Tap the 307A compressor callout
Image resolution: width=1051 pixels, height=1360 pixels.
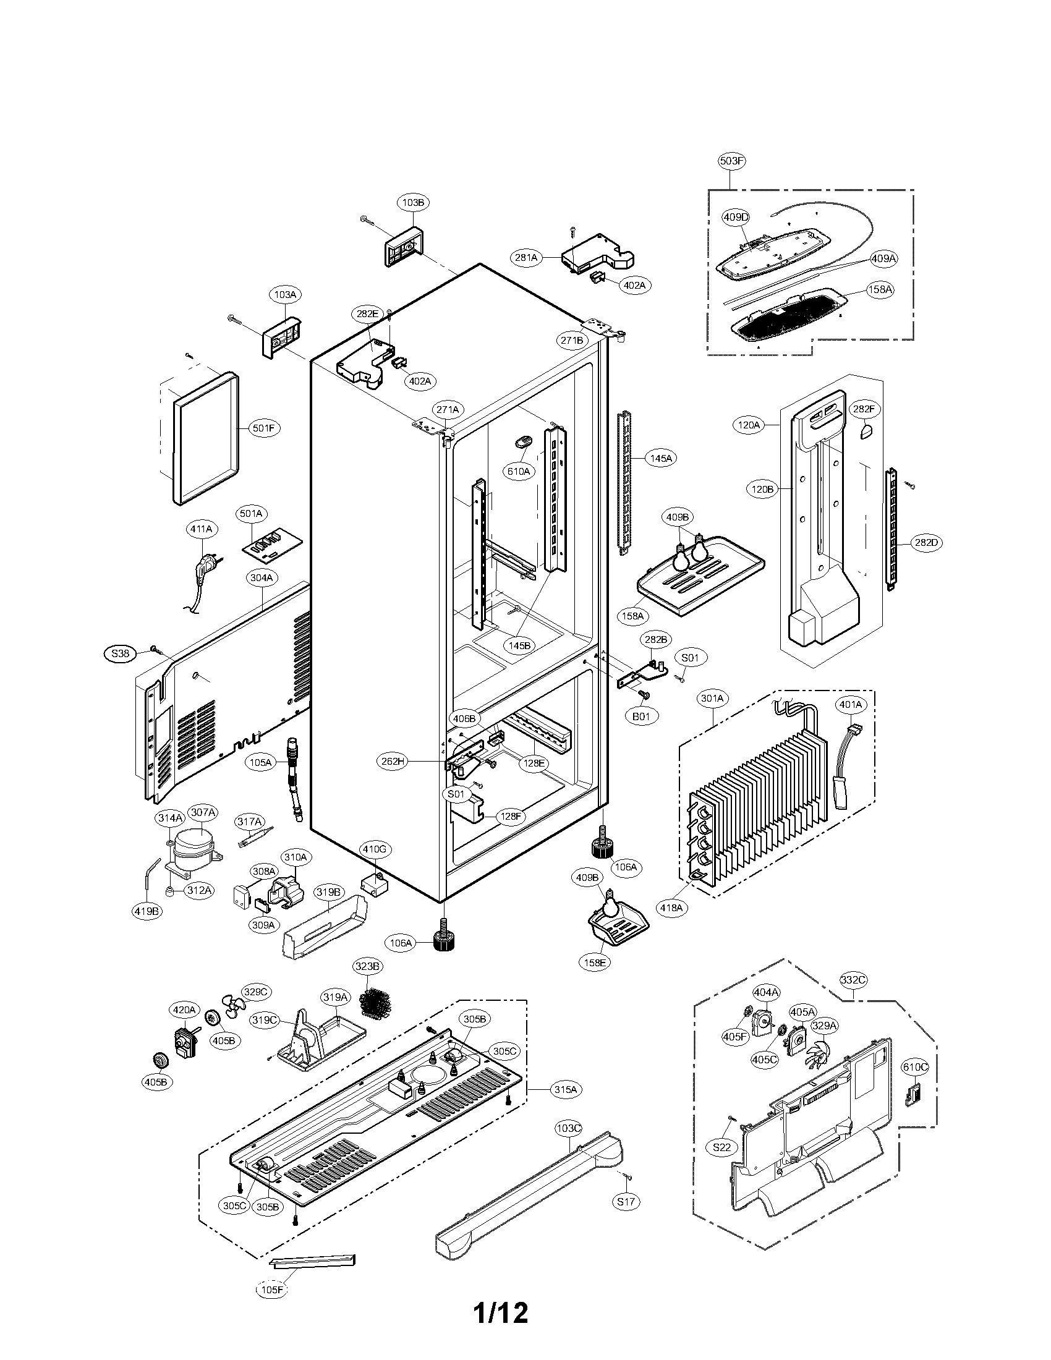(x=203, y=812)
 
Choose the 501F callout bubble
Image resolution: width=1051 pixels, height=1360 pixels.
(x=263, y=428)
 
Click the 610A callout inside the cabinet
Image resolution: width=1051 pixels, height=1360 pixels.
(x=518, y=472)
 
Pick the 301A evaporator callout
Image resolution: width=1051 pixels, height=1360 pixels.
(x=712, y=699)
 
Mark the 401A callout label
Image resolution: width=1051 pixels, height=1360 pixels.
(x=851, y=704)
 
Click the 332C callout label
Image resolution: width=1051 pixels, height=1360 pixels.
(x=853, y=980)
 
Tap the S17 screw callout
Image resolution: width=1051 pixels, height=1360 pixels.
(x=626, y=1201)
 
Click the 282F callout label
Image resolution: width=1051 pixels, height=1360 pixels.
(x=864, y=409)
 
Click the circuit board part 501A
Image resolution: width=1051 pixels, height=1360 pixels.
(x=272, y=545)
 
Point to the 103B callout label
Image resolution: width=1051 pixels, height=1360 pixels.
(x=414, y=202)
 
